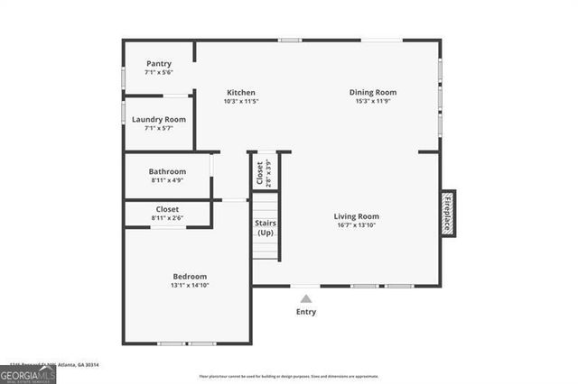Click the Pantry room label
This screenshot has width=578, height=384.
159,64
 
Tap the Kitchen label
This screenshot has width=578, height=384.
241,93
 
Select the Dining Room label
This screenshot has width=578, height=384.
373,92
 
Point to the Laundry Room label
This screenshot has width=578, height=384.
159,119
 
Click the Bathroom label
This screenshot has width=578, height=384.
168,171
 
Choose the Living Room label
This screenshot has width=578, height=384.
356,216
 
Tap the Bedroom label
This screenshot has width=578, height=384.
190,276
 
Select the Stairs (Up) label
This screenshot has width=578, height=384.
266,227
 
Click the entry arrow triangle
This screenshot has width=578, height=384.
306,297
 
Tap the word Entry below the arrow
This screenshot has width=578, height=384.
306,312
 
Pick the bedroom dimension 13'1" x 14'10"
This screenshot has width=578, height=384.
190,285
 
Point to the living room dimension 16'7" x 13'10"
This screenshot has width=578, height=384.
356,225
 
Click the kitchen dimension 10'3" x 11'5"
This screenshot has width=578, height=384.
241,102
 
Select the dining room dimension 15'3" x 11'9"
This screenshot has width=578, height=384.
373,101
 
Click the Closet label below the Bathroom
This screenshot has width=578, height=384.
168,209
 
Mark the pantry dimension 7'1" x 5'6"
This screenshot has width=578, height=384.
159,72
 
